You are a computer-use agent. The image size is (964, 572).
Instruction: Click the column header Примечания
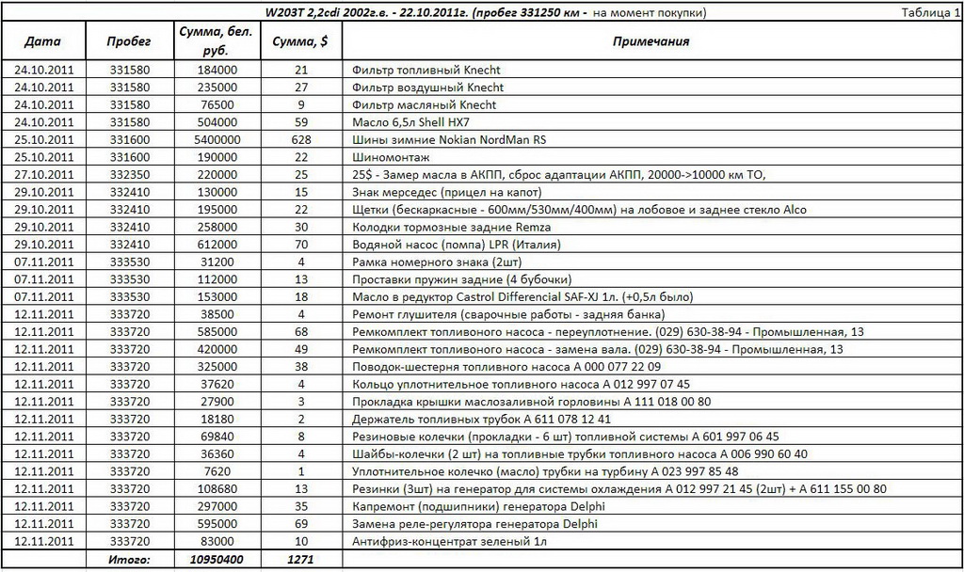[x=651, y=42]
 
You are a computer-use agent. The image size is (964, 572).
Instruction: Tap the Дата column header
[x=43, y=42]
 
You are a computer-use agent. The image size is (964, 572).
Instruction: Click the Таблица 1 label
[x=931, y=12]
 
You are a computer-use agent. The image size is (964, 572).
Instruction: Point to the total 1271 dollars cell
[x=300, y=559]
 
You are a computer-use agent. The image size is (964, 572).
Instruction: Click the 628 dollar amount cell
[x=300, y=140]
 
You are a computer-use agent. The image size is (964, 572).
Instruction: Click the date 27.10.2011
[x=43, y=175]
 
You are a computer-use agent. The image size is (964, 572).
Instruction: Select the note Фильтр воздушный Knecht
[x=426, y=87]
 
